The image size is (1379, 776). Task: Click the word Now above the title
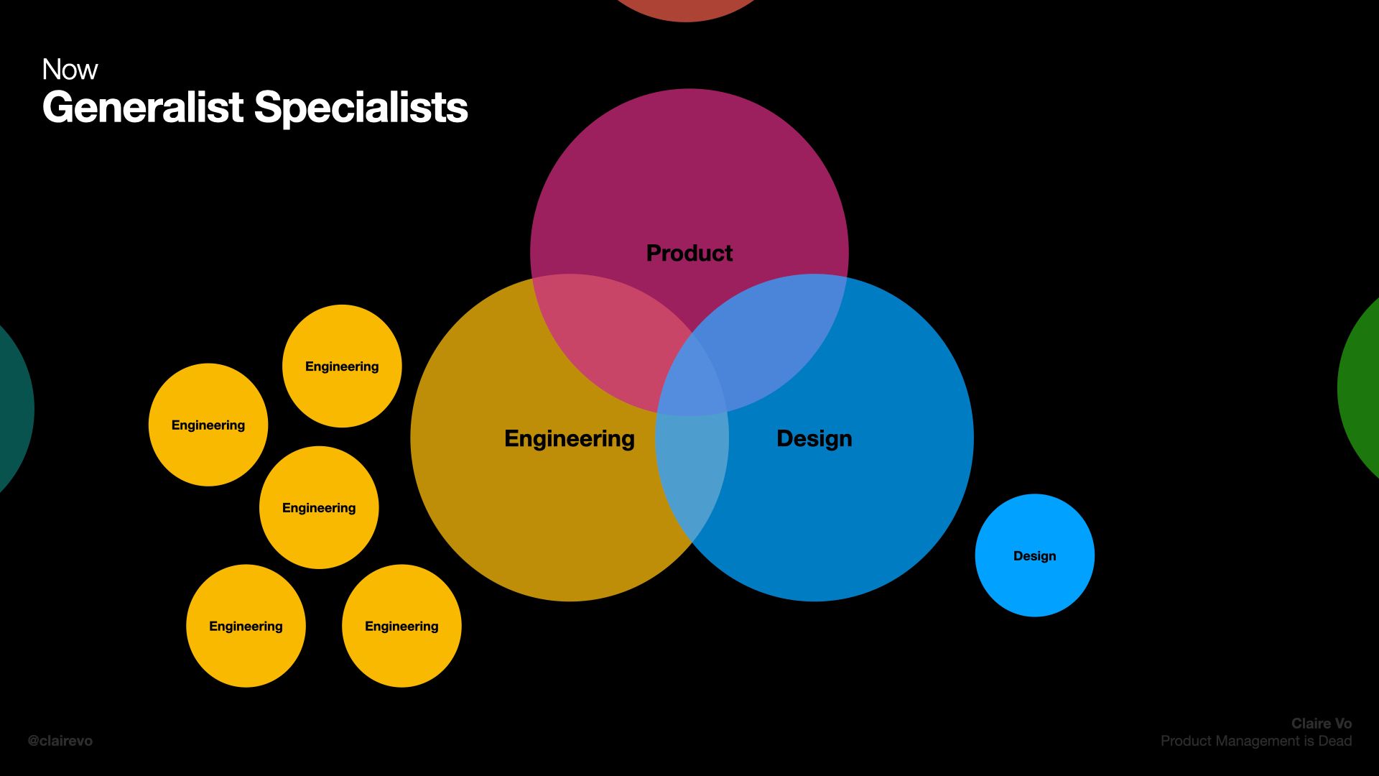click(x=70, y=70)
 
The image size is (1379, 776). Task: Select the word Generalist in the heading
click(x=143, y=108)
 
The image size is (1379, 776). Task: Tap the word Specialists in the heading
click(x=361, y=108)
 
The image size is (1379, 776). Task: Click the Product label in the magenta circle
click(x=689, y=253)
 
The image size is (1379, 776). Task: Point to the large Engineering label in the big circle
click(x=569, y=438)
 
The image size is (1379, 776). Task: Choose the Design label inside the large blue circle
click(x=814, y=438)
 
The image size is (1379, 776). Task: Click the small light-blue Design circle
click(x=1034, y=555)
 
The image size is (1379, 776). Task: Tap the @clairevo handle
click(x=60, y=741)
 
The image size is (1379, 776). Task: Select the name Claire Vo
click(x=1321, y=724)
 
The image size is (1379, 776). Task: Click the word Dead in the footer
click(x=1334, y=741)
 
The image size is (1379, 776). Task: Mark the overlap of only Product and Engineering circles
click(x=603, y=331)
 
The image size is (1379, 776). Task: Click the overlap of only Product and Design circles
click(x=776, y=331)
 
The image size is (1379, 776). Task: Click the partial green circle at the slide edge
click(x=1361, y=388)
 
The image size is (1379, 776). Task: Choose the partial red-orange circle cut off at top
click(x=686, y=9)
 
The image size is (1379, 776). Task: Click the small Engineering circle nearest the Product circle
click(x=342, y=366)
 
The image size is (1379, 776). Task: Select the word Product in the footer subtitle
click(x=1184, y=741)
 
